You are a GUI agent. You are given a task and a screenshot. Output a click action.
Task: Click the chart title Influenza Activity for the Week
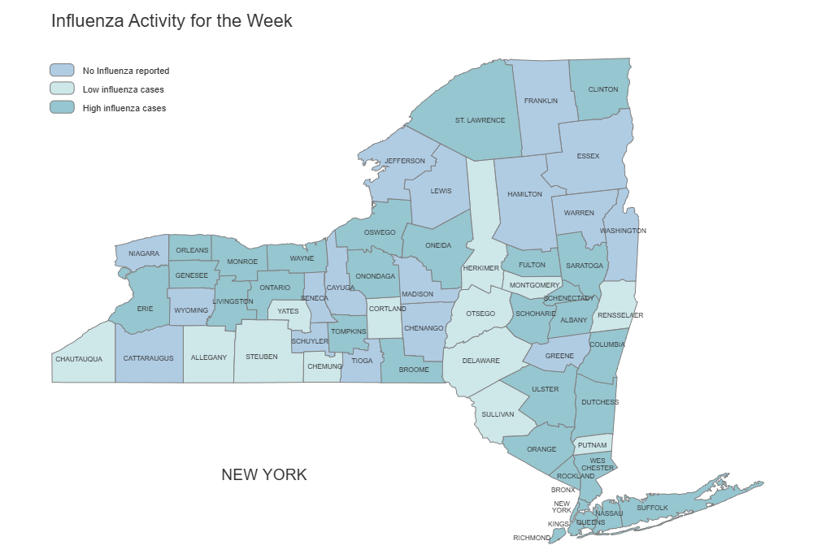(x=172, y=21)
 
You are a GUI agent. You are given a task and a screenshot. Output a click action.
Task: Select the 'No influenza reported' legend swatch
(x=62, y=71)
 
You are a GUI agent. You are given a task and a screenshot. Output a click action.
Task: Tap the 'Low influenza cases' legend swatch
(x=62, y=89)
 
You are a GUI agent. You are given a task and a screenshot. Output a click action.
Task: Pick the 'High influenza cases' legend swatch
(x=62, y=108)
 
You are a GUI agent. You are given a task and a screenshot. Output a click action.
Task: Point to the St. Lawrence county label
(x=480, y=120)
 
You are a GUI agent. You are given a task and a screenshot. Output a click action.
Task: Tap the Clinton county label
(x=602, y=89)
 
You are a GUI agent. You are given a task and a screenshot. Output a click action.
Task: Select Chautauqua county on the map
(x=79, y=357)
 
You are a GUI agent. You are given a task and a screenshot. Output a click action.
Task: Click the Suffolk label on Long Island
(x=652, y=508)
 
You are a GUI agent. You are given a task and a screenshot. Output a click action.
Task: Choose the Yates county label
(x=288, y=311)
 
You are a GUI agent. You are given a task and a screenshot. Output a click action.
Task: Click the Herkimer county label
(x=480, y=268)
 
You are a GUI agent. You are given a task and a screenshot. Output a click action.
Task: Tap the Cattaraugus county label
(x=149, y=357)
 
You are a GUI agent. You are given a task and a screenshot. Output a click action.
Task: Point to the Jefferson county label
(x=405, y=161)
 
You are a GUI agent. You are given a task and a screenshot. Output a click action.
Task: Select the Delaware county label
(x=481, y=361)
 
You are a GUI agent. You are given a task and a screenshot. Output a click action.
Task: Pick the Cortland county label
(x=387, y=309)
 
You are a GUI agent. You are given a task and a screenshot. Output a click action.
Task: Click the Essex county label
(x=588, y=156)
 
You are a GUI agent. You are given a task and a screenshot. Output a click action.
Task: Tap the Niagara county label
(x=144, y=253)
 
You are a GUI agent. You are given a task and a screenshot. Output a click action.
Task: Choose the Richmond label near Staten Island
(x=530, y=538)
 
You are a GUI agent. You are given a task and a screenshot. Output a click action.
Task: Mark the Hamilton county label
(x=524, y=194)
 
